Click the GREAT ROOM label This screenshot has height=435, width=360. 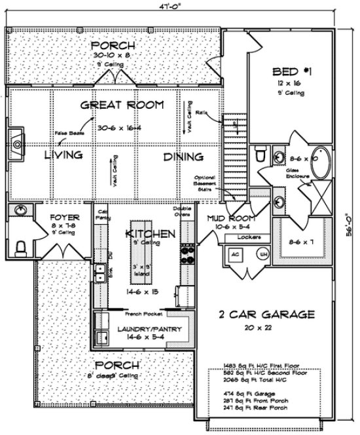tap(122, 105)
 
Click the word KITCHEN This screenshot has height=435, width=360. tap(150, 234)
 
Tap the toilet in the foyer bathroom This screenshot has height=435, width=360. tap(21, 246)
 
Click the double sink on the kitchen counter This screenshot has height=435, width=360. tap(101, 272)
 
